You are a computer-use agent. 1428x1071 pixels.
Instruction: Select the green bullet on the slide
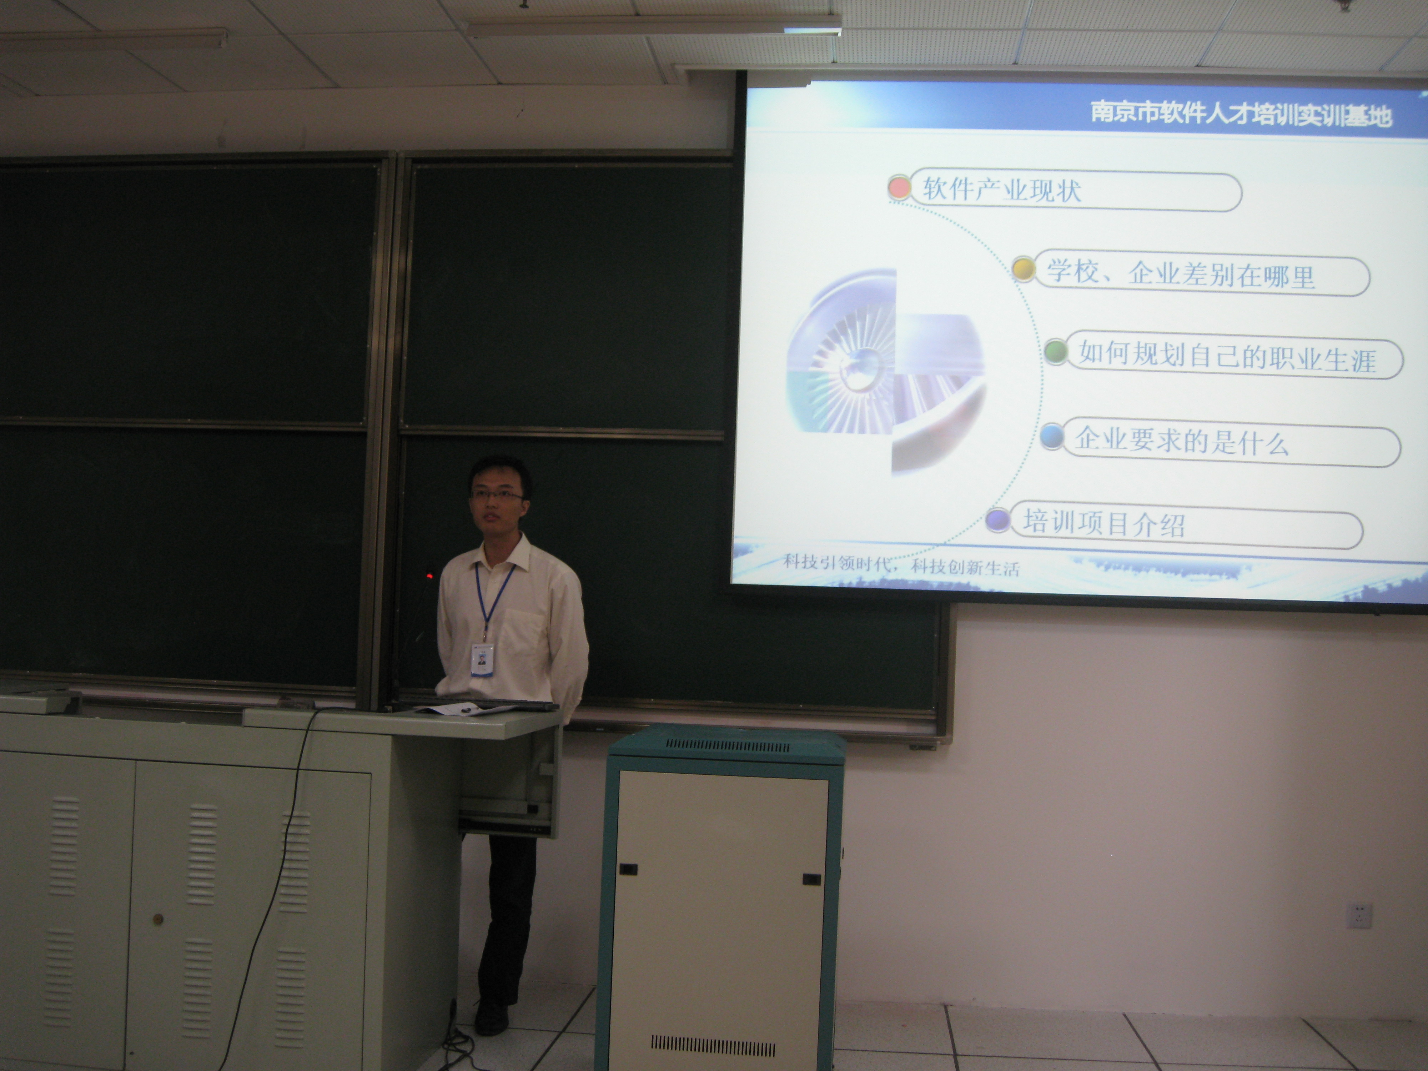coord(1056,352)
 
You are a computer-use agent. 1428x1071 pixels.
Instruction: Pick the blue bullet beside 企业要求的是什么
coord(1052,436)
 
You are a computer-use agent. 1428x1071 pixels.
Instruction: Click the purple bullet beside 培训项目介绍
coord(999,519)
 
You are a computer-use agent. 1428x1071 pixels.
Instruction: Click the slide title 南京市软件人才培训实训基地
coord(1241,114)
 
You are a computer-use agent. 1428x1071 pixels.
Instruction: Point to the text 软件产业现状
coord(1002,190)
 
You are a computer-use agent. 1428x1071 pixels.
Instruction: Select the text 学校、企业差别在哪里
coord(1181,274)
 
